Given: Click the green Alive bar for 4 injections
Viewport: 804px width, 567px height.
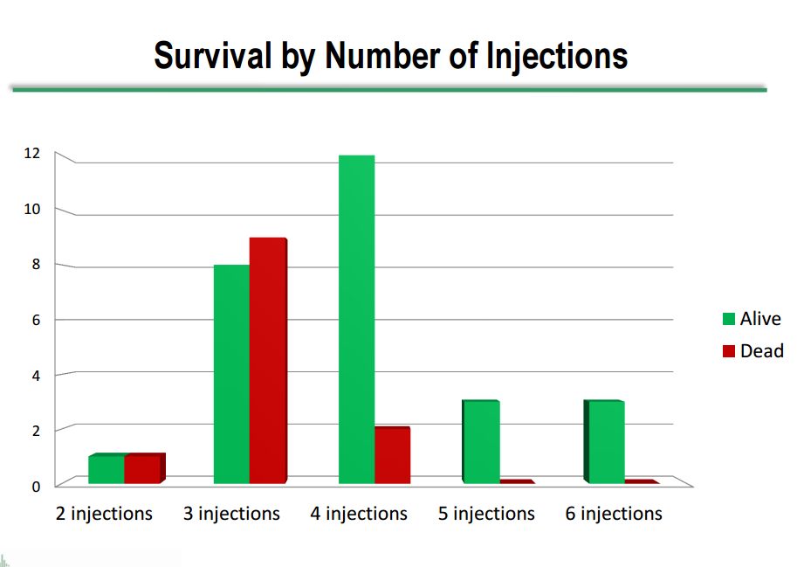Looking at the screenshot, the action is (357, 319).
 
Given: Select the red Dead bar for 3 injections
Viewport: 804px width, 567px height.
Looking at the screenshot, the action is (268, 360).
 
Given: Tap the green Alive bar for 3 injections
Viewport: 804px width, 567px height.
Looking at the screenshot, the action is (231, 374).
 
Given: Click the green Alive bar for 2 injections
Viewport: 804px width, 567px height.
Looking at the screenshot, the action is (107, 468).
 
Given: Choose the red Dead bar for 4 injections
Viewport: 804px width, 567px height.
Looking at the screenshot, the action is (393, 455).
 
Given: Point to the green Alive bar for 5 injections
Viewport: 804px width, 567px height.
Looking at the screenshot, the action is (481, 442).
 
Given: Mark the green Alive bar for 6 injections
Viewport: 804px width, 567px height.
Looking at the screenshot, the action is (604, 442).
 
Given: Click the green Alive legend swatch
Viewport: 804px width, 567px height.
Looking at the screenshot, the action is (729, 319).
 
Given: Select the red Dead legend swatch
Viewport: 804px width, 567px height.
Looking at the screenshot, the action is (729, 351).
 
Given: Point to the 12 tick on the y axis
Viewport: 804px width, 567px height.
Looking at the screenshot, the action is (31, 153).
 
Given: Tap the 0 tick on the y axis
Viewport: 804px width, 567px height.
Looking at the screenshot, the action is (36, 487).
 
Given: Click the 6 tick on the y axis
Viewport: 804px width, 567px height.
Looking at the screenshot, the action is (36, 320).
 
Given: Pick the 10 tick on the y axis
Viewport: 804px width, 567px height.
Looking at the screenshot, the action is (31, 209).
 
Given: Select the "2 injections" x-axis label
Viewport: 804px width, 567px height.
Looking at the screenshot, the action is (104, 514).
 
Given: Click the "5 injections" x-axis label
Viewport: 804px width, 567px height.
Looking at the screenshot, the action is (486, 514).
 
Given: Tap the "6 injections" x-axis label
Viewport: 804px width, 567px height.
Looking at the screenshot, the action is (614, 514).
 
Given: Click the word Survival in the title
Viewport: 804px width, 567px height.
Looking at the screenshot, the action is (213, 55).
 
